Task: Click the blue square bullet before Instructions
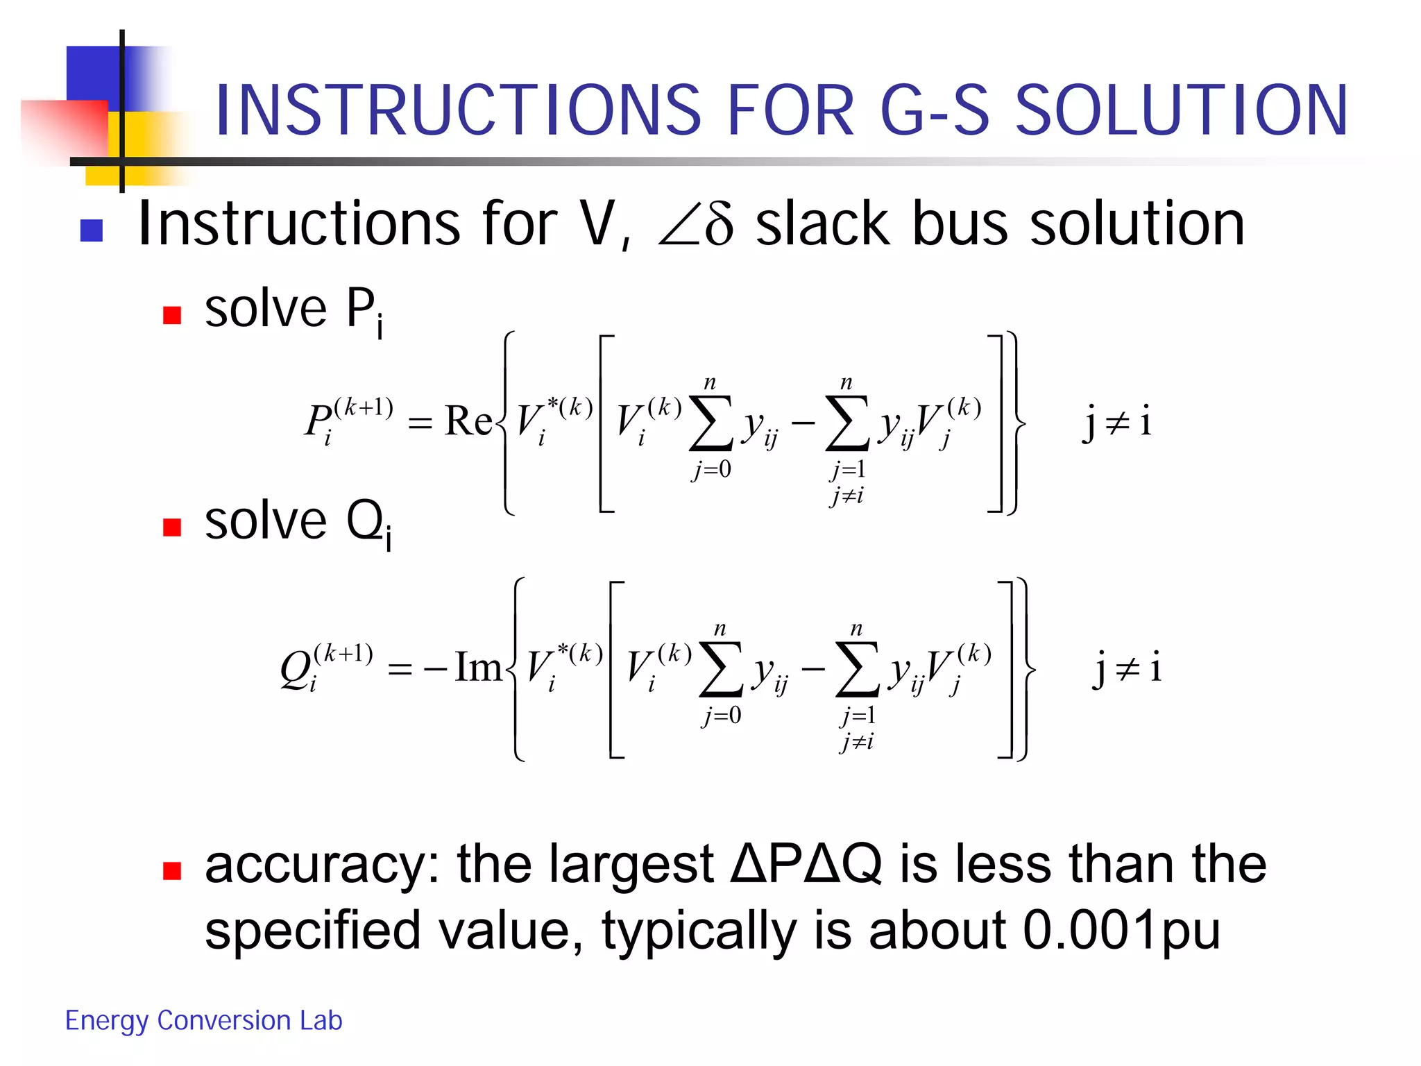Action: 92,230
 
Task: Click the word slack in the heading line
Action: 823,224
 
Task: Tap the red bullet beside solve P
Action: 171,316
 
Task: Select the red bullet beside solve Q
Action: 171,527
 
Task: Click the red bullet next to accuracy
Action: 171,870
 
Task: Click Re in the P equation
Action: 468,421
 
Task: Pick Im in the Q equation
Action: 478,667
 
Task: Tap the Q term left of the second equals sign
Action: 326,668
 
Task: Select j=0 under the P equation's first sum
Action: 711,470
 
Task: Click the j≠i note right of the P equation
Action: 1117,421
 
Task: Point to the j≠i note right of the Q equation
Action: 1128,668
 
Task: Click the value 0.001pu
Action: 1121,930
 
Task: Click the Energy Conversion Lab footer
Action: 203,1020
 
